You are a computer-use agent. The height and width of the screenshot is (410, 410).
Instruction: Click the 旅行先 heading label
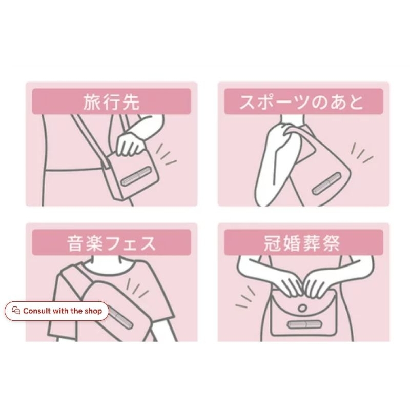coord(111,101)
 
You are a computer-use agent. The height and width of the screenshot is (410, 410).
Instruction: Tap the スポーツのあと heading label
coord(302,101)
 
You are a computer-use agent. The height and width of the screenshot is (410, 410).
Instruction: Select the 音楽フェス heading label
coord(111,243)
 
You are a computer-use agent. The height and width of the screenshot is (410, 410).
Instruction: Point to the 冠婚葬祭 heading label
coord(302,243)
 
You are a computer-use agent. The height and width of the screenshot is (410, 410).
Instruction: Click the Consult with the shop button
coord(56,311)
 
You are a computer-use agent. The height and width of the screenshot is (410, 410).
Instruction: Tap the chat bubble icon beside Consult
coord(16,311)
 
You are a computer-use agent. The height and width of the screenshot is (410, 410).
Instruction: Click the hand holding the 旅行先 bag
coord(130,145)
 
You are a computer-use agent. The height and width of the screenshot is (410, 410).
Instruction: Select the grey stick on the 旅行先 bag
coord(135,177)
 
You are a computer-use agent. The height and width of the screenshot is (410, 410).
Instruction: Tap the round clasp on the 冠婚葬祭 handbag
coord(302,308)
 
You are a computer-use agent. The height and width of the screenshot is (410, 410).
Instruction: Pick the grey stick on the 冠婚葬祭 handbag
coord(304,325)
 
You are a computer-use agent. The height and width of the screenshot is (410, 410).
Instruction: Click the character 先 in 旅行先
coord(131,101)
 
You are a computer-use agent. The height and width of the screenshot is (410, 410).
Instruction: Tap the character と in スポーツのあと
coord(356,102)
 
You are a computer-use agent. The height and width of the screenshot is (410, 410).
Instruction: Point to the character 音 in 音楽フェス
coord(75,243)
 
